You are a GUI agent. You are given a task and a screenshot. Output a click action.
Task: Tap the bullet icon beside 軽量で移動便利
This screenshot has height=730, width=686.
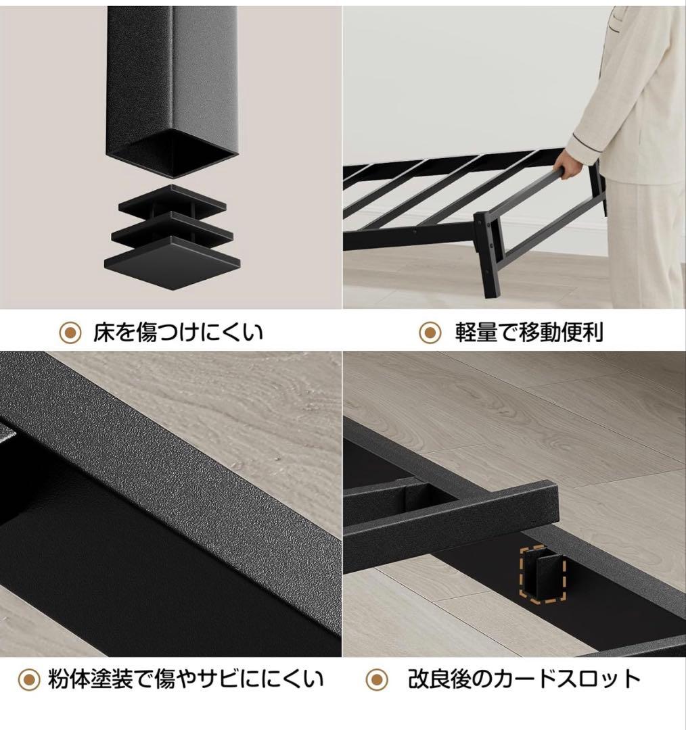coord(429,332)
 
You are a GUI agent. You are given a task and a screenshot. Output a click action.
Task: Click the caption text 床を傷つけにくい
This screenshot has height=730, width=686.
coord(178,332)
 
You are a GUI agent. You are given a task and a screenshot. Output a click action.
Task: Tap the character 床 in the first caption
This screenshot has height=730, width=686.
coord(104,332)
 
